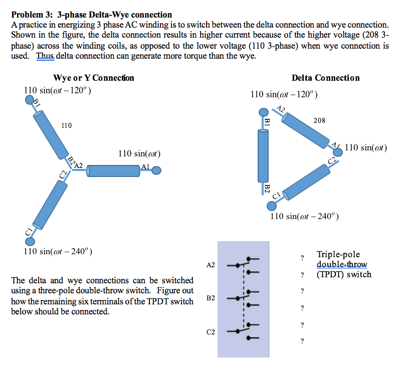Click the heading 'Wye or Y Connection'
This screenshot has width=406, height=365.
[93, 78]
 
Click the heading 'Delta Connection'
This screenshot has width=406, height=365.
[325, 78]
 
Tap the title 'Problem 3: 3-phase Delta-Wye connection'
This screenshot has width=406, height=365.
[92, 15]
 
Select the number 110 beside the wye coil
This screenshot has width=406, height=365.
[66, 125]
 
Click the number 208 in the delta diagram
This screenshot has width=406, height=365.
[319, 120]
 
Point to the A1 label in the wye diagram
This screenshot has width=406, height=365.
[146, 166]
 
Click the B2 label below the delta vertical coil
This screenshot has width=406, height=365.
[267, 189]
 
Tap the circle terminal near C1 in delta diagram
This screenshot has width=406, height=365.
[271, 206]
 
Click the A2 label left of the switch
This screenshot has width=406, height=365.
[211, 265]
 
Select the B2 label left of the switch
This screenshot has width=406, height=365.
[211, 298]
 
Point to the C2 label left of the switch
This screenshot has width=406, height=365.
[211, 331]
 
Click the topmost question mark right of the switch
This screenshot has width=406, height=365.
[302, 258]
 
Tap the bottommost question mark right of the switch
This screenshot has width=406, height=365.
[302, 341]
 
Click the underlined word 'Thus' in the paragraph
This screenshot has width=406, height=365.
[45, 56]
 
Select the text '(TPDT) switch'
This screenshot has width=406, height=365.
[344, 274]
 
